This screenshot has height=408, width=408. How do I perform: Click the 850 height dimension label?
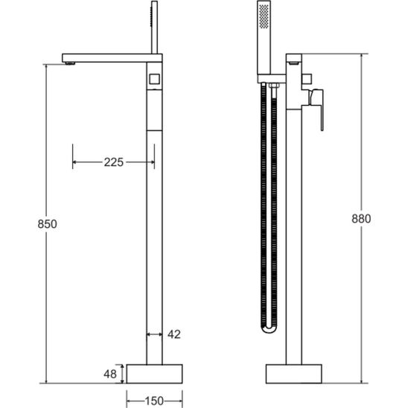(x=47, y=224)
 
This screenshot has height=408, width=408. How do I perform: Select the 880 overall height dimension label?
(x=361, y=219)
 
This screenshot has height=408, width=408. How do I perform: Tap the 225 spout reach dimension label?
(x=114, y=162)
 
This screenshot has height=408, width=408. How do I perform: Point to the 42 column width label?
(x=174, y=334)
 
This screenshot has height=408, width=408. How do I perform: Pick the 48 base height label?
(x=110, y=374)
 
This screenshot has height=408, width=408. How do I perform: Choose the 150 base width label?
(x=154, y=401)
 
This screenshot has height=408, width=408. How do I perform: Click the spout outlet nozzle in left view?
(x=70, y=63)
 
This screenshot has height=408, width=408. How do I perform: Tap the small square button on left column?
(x=154, y=79)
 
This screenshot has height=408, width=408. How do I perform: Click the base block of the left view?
(x=154, y=374)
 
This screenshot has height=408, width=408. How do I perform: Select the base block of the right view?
(x=294, y=374)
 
